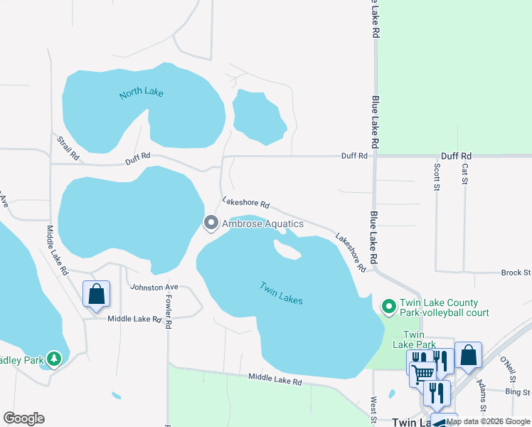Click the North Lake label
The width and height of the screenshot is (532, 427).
pyautogui.click(x=142, y=93)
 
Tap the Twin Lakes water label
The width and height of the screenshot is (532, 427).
pyautogui.click(x=281, y=293)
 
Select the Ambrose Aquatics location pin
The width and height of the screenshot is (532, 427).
pyautogui.click(x=211, y=223)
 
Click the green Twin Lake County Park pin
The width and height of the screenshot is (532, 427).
pyautogui.click(x=388, y=307)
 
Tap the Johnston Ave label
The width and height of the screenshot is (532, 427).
pyautogui.click(x=154, y=287)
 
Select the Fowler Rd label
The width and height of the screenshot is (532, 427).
pyautogui.click(x=169, y=313)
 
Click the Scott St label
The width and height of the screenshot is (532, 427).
pyautogui.click(x=437, y=177)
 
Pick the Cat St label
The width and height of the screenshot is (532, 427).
pyautogui.click(x=464, y=173)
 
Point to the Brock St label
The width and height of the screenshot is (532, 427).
pyautogui.click(x=516, y=273)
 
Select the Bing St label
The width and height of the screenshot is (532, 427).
pyautogui.click(x=517, y=392)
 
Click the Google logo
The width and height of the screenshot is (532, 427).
pyautogui.click(x=23, y=418)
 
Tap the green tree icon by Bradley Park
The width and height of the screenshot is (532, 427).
pyautogui.click(x=54, y=358)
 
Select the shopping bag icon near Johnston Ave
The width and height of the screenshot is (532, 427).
pyautogui.click(x=96, y=294)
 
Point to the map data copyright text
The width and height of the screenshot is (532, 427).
pyautogui.click(x=489, y=421)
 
